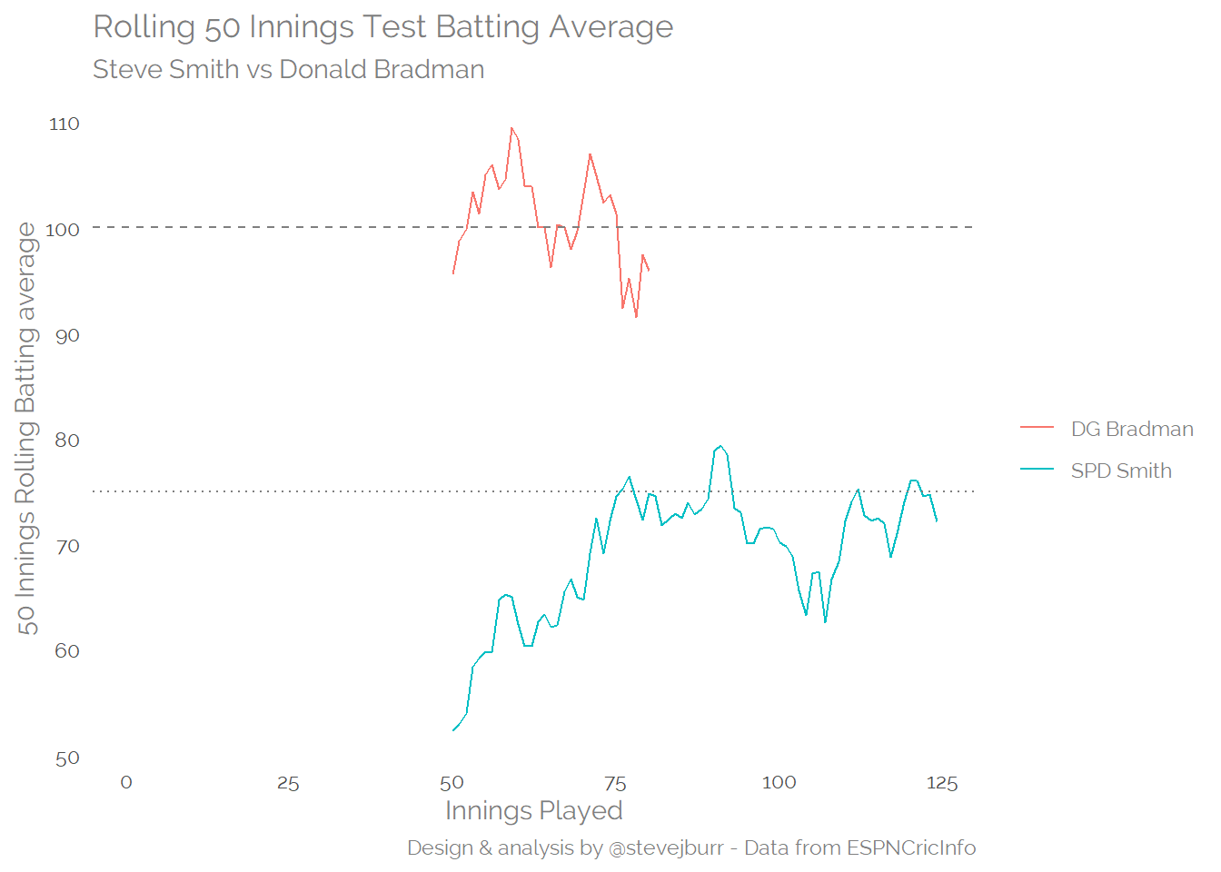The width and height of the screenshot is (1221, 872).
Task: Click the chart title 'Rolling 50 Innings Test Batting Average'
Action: click(x=383, y=27)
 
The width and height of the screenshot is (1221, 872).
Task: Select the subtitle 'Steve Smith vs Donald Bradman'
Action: click(x=288, y=70)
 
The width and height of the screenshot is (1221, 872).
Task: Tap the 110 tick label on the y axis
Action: click(x=65, y=124)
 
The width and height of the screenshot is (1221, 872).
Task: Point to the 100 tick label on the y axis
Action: click(x=63, y=230)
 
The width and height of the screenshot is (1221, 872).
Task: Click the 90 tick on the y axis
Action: click(x=67, y=336)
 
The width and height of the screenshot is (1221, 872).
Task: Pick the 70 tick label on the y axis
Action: click(x=67, y=547)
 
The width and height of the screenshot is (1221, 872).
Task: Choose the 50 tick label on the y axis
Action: click(x=67, y=758)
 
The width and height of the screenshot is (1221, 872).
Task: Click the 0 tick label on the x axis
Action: click(x=126, y=783)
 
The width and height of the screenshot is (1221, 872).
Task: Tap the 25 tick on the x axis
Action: click(x=288, y=784)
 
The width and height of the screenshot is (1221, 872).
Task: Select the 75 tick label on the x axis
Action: click(x=615, y=784)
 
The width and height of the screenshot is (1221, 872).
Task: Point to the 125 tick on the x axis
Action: click(x=942, y=784)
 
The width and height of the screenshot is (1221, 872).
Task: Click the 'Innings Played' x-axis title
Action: click(x=533, y=811)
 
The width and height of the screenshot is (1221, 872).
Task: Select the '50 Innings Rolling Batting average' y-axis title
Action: click(x=26, y=429)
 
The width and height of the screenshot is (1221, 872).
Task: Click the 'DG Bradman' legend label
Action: click(x=1132, y=430)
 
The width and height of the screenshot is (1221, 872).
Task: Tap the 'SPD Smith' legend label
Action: click(x=1121, y=471)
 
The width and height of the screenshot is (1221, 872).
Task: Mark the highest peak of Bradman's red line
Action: click(x=511, y=128)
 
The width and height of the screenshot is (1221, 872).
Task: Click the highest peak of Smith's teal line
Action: click(x=720, y=446)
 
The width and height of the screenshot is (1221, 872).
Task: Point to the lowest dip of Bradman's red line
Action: click(x=636, y=317)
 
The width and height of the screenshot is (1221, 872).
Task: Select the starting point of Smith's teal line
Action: click(x=453, y=729)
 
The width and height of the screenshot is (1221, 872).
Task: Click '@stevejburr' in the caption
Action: click(x=666, y=848)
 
